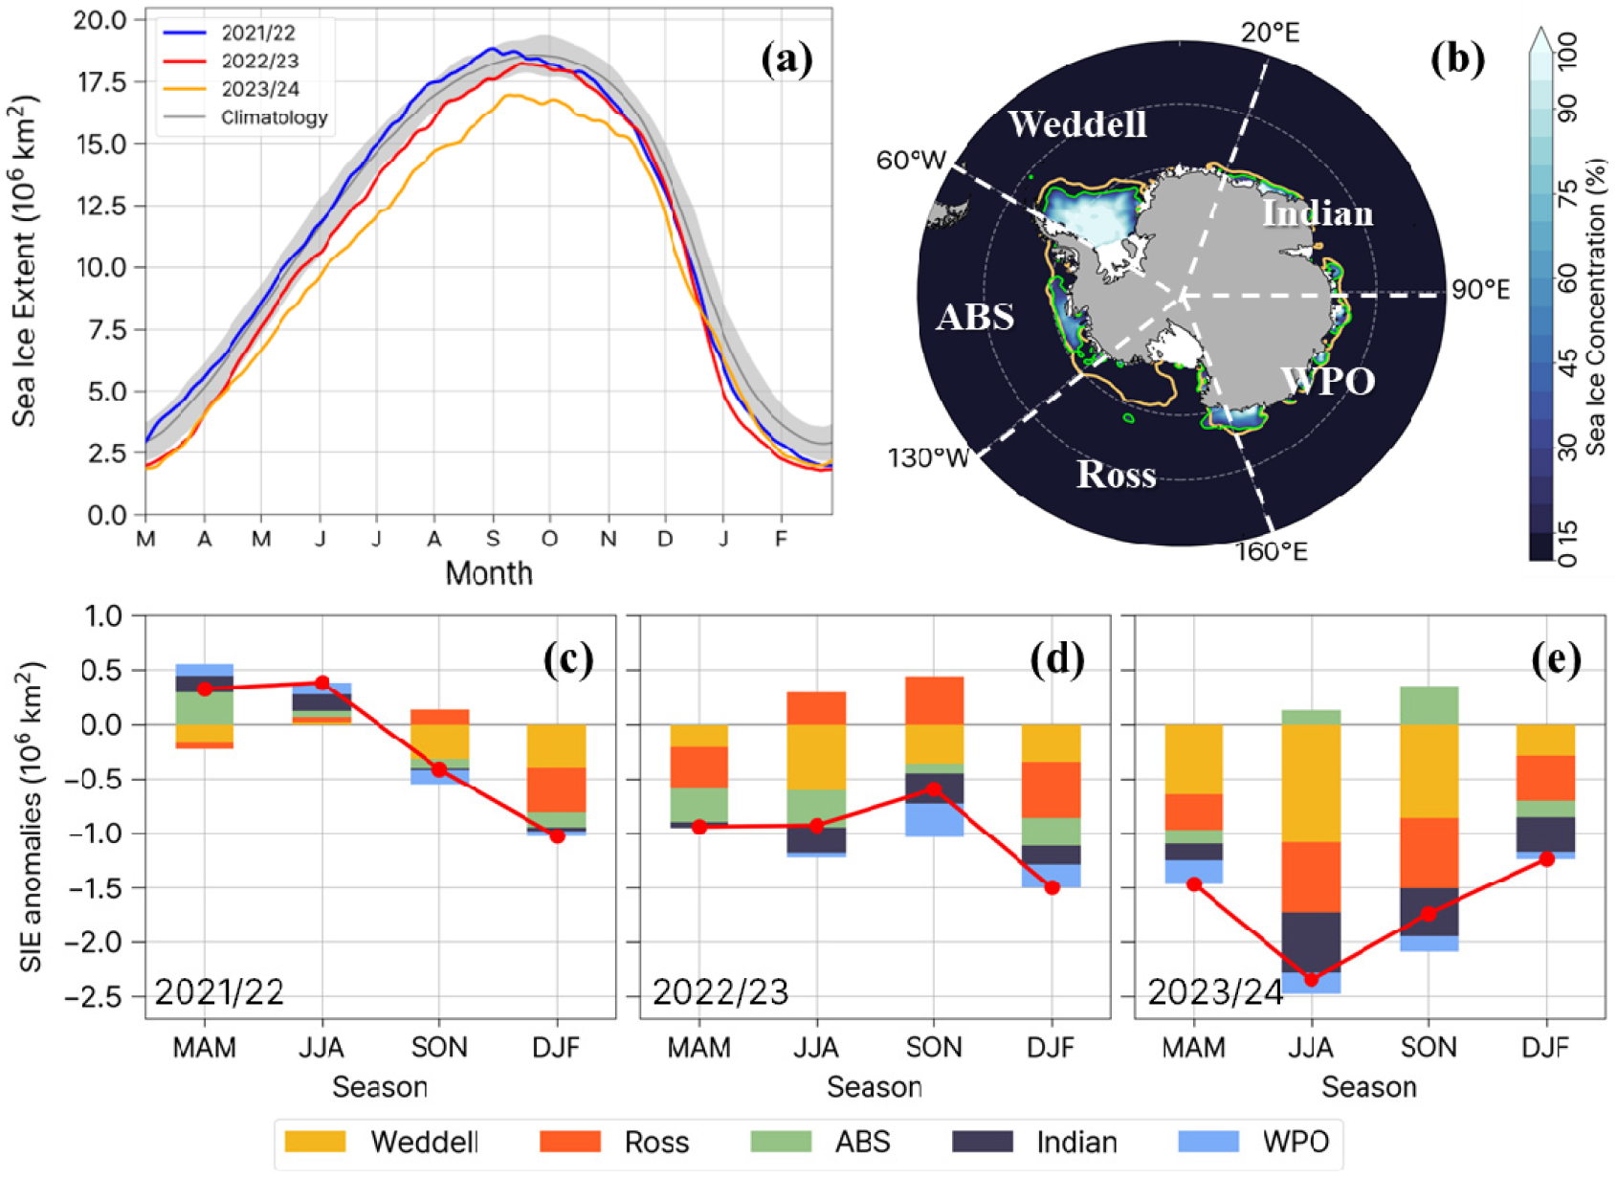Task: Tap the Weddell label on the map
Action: (1077, 124)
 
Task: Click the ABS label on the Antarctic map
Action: (975, 317)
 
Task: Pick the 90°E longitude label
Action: (1480, 290)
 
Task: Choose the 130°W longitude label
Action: (927, 457)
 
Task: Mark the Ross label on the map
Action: (1116, 475)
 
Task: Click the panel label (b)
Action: (1457, 59)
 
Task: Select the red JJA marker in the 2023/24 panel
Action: (1311, 980)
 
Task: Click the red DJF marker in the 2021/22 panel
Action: (557, 835)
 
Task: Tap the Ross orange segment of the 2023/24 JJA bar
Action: (1311, 877)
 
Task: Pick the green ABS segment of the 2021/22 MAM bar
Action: (205, 707)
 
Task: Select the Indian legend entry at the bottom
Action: (1034, 1142)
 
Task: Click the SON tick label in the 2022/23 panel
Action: (934, 1047)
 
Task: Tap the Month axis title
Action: (489, 573)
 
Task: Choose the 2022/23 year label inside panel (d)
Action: (720, 992)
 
